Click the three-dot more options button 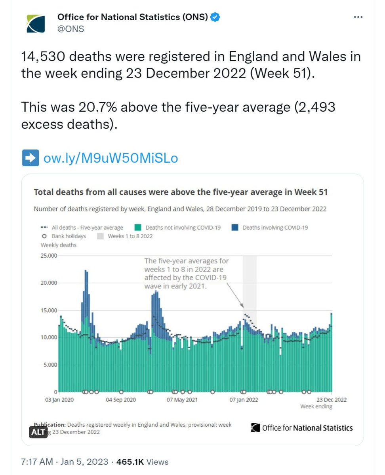click(358, 17)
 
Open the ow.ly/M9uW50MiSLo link click(111, 158)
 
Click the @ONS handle click(71, 29)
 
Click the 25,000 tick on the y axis click(49, 256)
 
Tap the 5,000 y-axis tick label click(51, 365)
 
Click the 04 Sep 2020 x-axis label click(121, 400)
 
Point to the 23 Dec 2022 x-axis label click(331, 400)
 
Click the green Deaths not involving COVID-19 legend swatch click(138, 228)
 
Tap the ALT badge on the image click(38, 432)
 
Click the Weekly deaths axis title click(59, 245)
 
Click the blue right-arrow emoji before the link click(30, 158)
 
